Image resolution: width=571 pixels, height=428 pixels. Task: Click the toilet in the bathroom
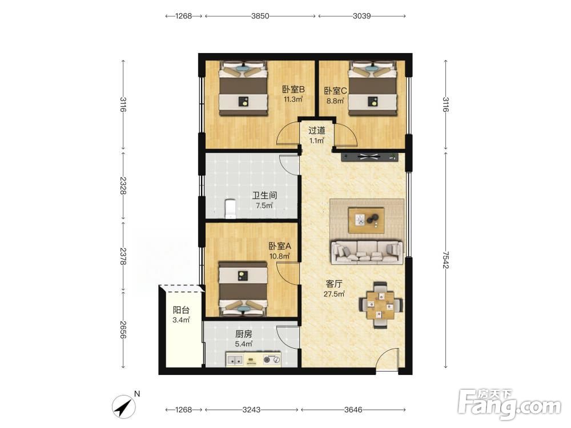(x=231, y=209)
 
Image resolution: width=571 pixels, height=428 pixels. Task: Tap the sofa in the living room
(x=367, y=252)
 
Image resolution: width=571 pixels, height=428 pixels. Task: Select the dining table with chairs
(x=381, y=305)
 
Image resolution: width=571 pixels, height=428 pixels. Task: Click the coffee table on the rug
(x=366, y=220)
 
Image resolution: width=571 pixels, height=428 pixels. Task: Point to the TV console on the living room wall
(x=369, y=158)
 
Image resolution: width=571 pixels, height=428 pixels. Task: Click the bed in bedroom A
(x=243, y=289)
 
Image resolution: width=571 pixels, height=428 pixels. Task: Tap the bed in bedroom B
(x=243, y=88)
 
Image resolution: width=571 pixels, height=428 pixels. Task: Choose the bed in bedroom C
(x=372, y=88)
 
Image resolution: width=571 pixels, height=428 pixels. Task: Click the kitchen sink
(x=235, y=360)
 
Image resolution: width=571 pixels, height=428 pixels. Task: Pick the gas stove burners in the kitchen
(x=272, y=360)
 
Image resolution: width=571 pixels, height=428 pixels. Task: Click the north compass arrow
(x=124, y=406)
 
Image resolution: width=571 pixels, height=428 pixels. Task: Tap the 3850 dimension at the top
(x=260, y=16)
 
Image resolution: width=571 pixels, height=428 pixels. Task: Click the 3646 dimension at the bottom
(x=353, y=410)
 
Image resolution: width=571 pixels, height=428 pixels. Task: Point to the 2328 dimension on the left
(x=123, y=185)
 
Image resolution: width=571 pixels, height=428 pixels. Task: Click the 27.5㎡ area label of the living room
(x=334, y=294)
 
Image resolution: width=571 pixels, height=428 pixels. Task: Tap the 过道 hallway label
(x=317, y=130)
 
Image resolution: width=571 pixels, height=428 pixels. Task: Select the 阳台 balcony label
(x=181, y=310)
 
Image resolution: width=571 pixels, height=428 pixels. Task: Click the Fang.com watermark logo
(x=509, y=404)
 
